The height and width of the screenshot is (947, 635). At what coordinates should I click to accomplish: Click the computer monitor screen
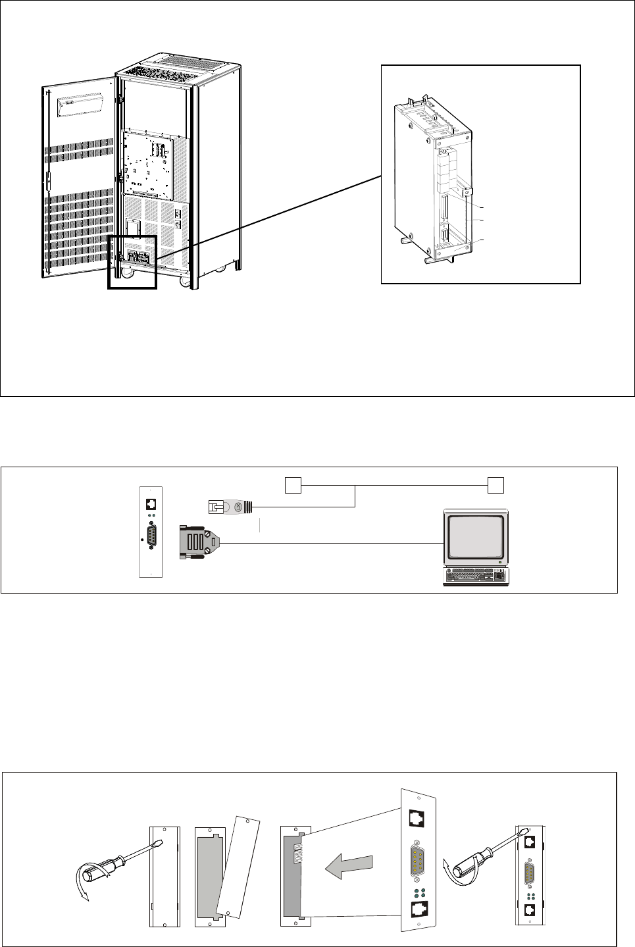pos(476,536)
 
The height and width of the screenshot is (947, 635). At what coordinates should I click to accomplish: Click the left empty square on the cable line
pos(293,486)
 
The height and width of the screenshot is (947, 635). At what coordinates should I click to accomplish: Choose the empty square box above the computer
pos(495,486)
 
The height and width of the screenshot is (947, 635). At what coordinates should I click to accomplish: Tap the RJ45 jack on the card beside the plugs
pos(151,504)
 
